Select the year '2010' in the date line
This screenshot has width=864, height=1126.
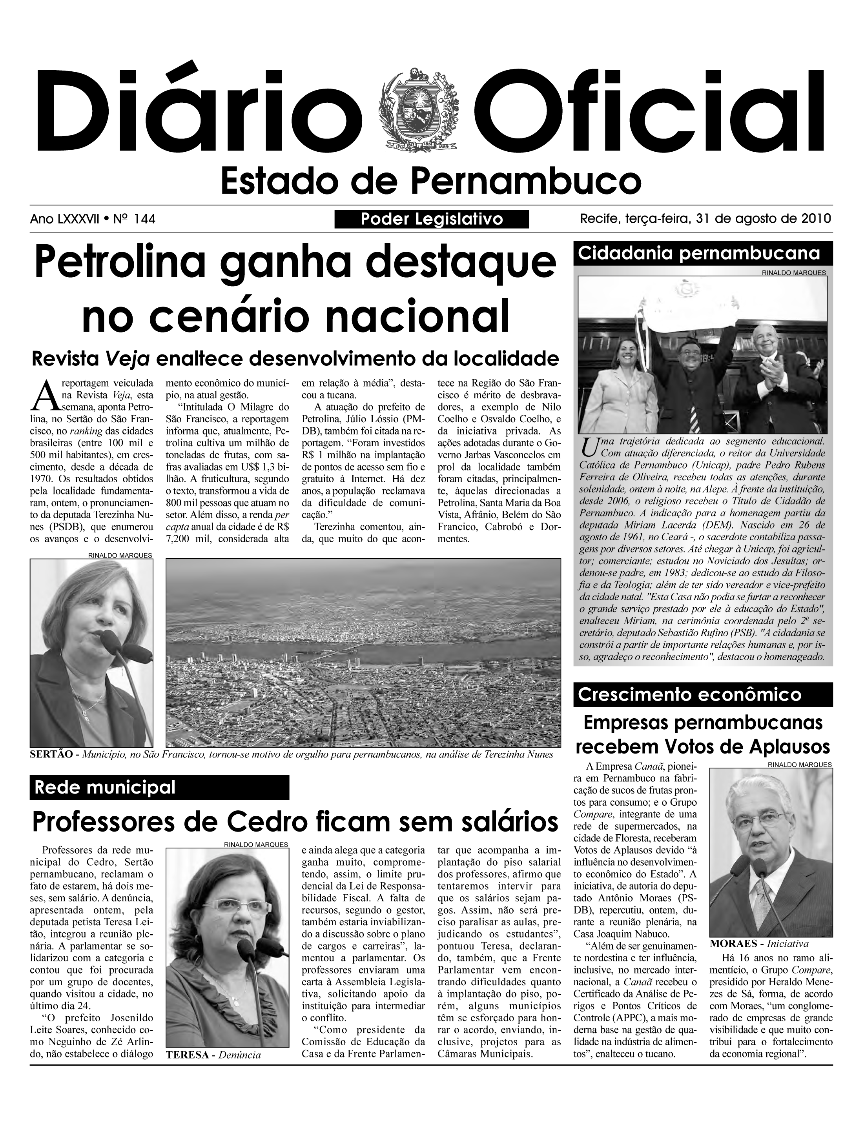tap(816, 218)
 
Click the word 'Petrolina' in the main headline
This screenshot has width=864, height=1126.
tap(121, 262)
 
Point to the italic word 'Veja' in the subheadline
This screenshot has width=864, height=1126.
tap(127, 358)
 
